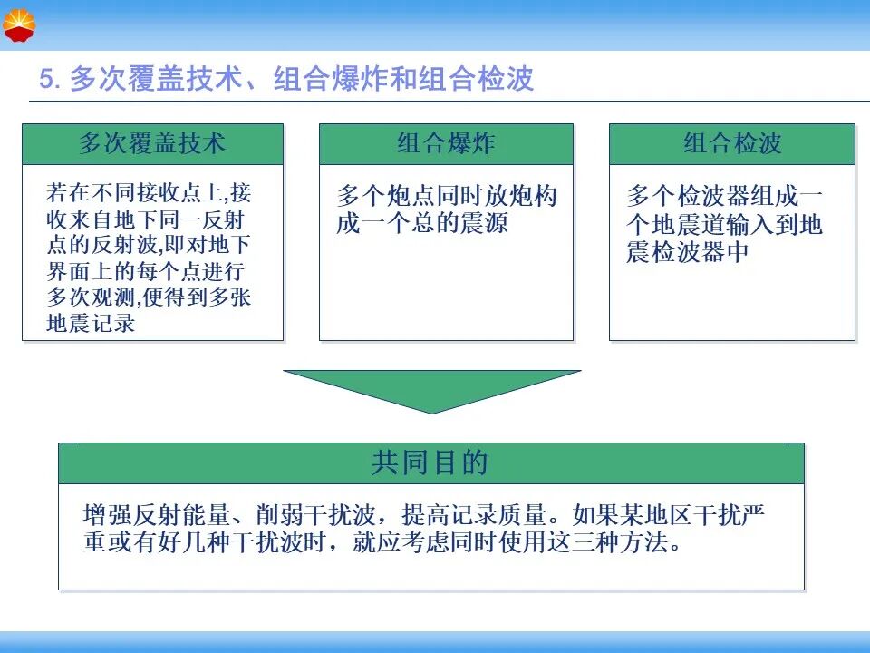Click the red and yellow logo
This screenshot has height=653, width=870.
[x=19, y=25]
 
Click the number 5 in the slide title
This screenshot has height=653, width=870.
[x=46, y=78]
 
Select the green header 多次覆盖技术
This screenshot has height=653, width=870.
[x=152, y=144]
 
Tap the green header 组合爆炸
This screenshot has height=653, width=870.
[x=446, y=144]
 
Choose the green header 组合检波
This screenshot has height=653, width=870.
[x=732, y=144]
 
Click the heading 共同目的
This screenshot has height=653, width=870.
[x=430, y=463]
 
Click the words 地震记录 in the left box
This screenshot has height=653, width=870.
[x=91, y=323]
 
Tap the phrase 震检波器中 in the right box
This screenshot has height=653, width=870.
[x=688, y=252]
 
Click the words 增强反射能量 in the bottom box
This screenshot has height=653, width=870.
[x=157, y=515]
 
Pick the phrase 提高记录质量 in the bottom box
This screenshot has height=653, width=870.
[x=475, y=515]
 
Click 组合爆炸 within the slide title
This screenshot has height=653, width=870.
[x=332, y=78]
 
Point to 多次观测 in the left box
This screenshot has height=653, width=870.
[x=91, y=297]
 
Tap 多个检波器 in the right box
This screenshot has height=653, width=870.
[x=688, y=196]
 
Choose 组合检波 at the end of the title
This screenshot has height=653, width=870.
[x=477, y=78]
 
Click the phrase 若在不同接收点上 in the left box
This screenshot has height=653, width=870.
[x=134, y=192]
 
